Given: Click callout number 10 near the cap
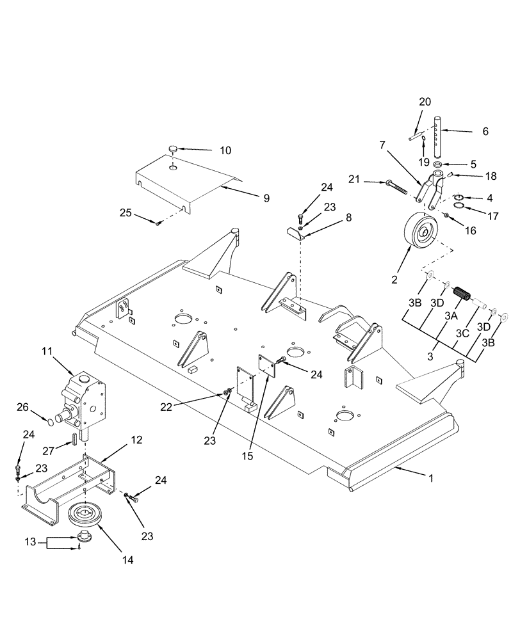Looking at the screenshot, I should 226,150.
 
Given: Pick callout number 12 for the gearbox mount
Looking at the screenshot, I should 137,441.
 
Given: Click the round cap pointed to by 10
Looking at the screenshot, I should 172,149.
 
